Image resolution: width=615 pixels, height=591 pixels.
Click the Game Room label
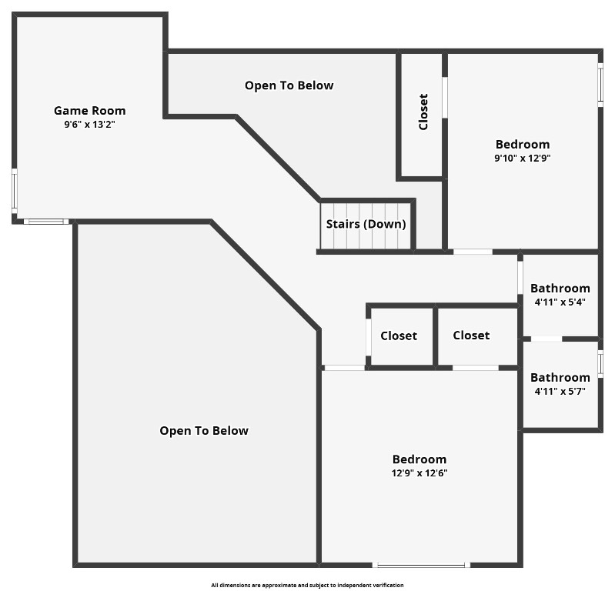(89, 111)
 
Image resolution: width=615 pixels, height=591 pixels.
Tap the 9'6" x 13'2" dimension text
(89, 124)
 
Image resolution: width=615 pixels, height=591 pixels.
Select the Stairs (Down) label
(366, 225)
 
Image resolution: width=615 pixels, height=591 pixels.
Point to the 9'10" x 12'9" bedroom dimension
(523, 158)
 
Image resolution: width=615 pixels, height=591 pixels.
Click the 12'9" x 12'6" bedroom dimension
(419, 473)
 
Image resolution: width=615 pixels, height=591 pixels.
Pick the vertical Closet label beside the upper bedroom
(423, 112)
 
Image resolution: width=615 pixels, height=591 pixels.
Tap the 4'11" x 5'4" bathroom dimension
(560, 302)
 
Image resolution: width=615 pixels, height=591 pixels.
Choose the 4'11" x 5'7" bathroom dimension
(560, 391)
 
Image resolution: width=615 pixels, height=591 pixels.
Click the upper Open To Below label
(289, 85)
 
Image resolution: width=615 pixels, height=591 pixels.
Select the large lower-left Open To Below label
(204, 431)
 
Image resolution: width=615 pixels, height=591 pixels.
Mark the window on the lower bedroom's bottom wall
(419, 566)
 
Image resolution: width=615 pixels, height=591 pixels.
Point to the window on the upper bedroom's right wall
(600, 82)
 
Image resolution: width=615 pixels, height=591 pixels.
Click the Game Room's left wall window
(14, 189)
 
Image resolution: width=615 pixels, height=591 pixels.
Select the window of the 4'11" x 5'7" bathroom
(600, 363)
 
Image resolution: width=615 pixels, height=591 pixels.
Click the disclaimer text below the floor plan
(307, 586)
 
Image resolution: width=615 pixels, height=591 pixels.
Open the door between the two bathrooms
(546, 339)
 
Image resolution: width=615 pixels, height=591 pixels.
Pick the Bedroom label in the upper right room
(523, 145)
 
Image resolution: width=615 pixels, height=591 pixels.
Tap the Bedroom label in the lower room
(419, 459)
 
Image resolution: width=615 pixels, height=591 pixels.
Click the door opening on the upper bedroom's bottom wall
(473, 252)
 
